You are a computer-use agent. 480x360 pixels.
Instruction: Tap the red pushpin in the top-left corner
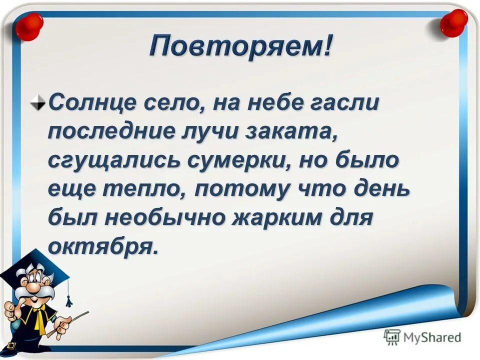[x=28, y=26]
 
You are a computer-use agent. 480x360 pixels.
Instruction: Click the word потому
[x=235, y=189]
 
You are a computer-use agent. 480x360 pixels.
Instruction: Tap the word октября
[x=102, y=247]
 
